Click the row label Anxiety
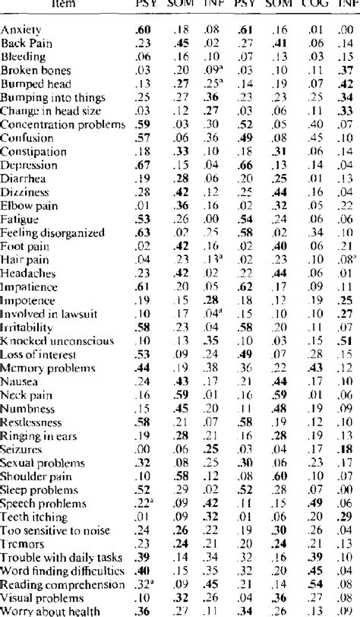pos(21,30)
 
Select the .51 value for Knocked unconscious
pos(343,340)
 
